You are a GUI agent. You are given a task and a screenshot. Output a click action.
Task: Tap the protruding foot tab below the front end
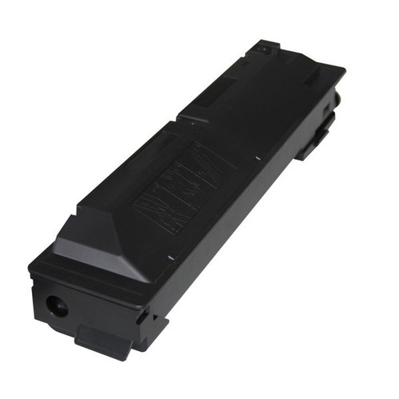click(x=102, y=340)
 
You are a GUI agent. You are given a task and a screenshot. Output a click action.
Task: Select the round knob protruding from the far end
click(x=338, y=99)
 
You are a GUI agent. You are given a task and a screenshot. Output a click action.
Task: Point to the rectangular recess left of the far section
click(x=203, y=107)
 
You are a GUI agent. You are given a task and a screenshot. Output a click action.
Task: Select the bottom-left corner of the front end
click(x=34, y=319)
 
